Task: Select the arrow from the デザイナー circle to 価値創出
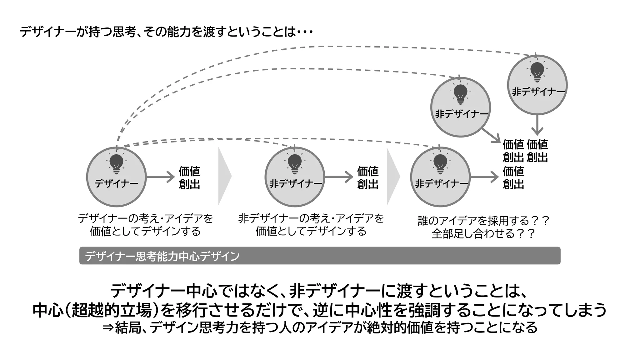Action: click(x=160, y=177)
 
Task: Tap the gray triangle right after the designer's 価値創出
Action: click(x=224, y=176)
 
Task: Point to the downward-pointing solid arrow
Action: click(x=537, y=125)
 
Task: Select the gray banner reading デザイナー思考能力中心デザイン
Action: click(x=320, y=256)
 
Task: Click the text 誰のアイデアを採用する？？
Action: click(x=483, y=221)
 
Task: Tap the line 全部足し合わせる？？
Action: click(x=483, y=234)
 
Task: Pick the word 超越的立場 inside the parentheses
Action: click(x=111, y=310)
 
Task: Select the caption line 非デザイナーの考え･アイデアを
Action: click(x=311, y=218)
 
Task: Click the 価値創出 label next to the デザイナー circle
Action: click(x=189, y=177)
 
